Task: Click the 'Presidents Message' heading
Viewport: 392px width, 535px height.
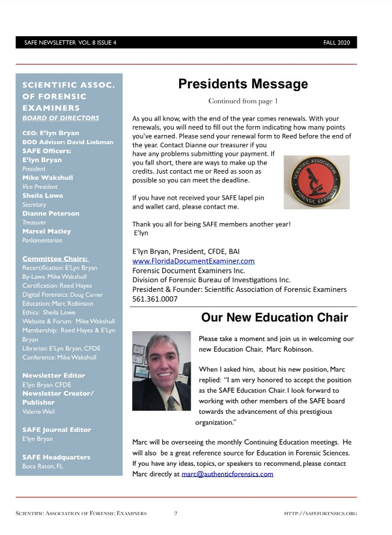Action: [242, 84]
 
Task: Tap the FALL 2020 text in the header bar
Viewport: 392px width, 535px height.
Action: [337, 43]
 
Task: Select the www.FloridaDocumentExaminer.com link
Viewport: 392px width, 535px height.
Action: [193, 261]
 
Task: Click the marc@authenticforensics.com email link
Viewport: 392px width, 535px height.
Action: [227, 473]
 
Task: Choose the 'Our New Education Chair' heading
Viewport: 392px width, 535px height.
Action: [274, 318]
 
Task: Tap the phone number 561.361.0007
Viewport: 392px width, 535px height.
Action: [155, 299]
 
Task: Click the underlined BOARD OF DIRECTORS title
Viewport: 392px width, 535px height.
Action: [60, 118]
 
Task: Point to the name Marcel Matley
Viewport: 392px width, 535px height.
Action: [46, 231]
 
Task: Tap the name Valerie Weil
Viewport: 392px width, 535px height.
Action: [38, 411]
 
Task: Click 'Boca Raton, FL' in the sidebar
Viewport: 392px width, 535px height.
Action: [43, 466]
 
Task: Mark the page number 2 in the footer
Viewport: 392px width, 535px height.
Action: [175, 513]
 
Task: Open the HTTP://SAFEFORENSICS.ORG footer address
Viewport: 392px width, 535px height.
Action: [320, 514]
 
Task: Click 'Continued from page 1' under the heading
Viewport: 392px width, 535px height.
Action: [242, 101]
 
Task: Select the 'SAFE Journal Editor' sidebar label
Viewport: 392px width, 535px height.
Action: [57, 429]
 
